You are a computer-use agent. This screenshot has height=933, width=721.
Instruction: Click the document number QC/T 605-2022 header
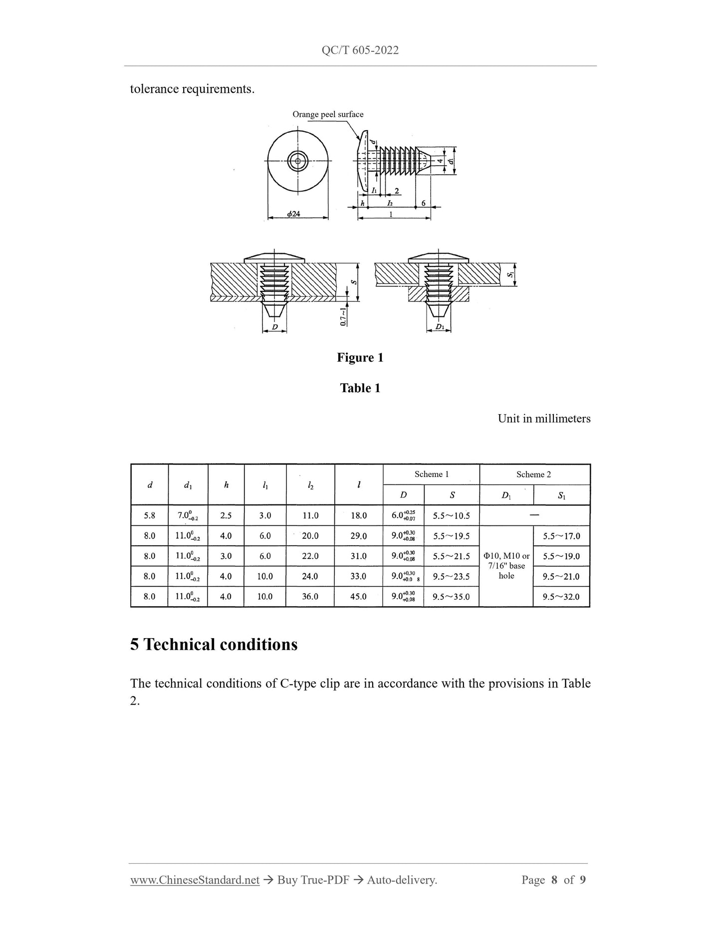tap(360, 50)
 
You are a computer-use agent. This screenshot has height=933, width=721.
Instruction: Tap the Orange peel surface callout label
tap(328, 114)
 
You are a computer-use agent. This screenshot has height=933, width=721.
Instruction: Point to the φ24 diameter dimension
tap(293, 214)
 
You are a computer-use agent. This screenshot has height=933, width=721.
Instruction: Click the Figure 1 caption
tap(360, 357)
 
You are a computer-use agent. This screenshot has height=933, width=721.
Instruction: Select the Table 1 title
tap(360, 388)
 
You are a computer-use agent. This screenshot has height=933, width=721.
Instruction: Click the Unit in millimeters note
tap(543, 419)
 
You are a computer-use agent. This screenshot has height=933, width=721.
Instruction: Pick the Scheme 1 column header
tap(432, 474)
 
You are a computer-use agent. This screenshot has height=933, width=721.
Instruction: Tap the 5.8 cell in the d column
tap(149, 515)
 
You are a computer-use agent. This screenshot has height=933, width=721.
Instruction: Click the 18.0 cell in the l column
tap(359, 515)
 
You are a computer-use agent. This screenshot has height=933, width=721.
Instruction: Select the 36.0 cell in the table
tap(310, 596)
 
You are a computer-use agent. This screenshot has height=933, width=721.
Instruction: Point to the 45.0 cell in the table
tap(359, 596)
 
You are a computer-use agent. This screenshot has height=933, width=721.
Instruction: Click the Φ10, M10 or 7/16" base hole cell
tap(506, 566)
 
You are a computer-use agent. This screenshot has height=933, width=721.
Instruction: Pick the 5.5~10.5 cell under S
tap(452, 516)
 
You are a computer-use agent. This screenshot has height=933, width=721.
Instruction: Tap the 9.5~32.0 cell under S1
tap(561, 597)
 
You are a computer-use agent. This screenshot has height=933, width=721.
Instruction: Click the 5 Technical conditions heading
tap(214, 644)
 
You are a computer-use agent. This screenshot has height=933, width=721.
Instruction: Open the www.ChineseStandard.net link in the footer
tap(195, 880)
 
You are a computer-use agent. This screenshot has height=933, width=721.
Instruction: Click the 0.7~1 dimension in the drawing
tap(344, 316)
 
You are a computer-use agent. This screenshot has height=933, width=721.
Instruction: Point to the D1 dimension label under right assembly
tap(439, 327)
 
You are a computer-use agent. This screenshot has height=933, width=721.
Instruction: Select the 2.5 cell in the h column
tap(226, 515)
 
